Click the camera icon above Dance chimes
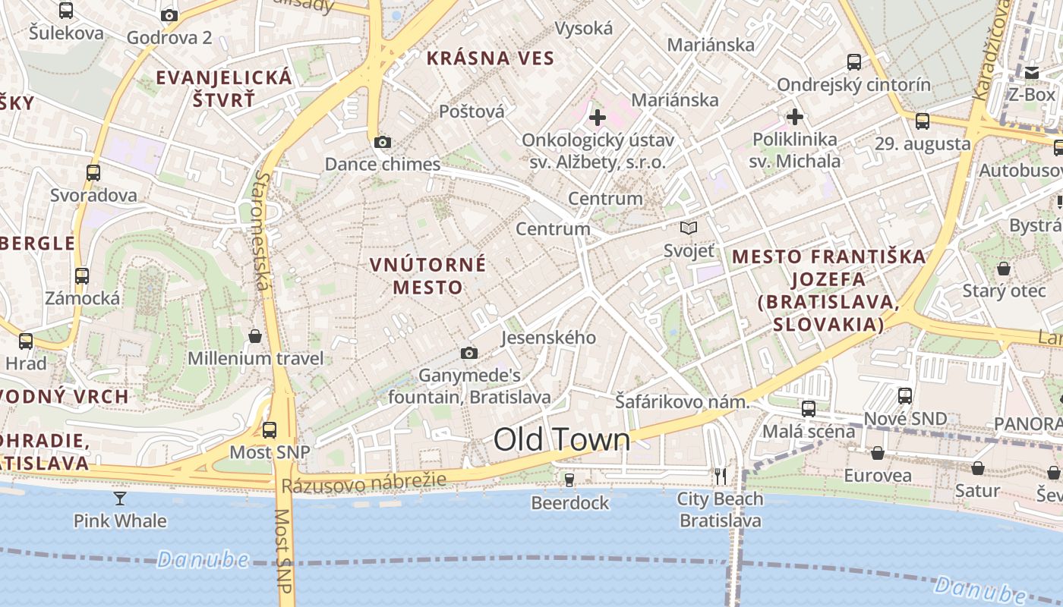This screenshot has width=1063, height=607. coord(383,142)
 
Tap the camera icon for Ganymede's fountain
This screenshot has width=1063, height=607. coord(469,353)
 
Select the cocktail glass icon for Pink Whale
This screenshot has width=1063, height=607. coord(120,498)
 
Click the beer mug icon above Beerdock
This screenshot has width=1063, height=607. coord(569,480)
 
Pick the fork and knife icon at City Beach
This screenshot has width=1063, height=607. coord(721,476)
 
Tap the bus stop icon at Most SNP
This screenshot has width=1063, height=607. coord(270,430)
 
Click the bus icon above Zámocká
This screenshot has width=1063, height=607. coord(82,276)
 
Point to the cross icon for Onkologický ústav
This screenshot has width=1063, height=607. coord(598,118)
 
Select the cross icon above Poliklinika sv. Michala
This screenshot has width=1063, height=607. coord(795,117)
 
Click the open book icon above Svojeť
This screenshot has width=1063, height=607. coord(689,228)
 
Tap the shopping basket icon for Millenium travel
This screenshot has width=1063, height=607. coord(256,335)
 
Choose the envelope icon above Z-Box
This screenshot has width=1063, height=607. coord(1032,73)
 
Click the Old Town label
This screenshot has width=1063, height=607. coord(562,440)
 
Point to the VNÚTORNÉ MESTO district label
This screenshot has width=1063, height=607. coord(427,275)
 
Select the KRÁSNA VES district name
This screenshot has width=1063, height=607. coord(490,58)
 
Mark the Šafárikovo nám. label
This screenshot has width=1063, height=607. coord(682,402)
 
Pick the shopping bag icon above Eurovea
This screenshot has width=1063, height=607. coord(878,453)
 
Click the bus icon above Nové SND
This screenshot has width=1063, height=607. coord(905,395)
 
